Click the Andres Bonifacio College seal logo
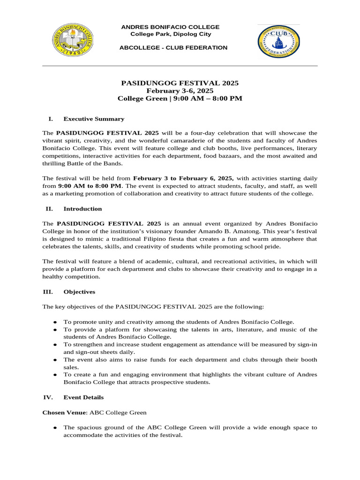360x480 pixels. (72, 40)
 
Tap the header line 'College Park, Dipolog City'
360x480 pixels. (171, 34)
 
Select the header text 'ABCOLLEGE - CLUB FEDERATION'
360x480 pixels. (173, 48)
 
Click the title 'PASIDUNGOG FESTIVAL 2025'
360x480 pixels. (180, 83)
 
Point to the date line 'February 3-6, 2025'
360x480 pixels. (180, 91)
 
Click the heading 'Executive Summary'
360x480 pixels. (94, 119)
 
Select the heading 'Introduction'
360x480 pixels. (82, 209)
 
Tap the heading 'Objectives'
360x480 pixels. (79, 292)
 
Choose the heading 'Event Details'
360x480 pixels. (83, 397)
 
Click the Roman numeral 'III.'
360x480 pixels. (47, 292)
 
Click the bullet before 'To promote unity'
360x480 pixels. (55, 322)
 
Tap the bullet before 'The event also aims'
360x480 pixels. (55, 360)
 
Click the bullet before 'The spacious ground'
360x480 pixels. (55, 428)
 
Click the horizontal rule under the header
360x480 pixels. (180, 66)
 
